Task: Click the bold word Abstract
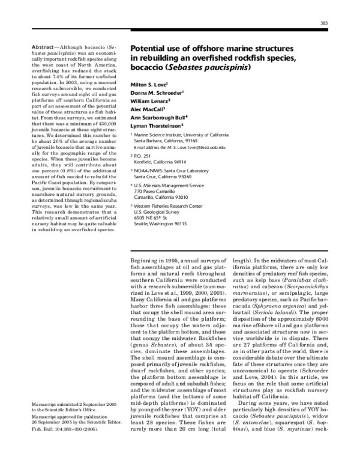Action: tap(43, 46)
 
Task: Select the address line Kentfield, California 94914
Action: tap(160, 162)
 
